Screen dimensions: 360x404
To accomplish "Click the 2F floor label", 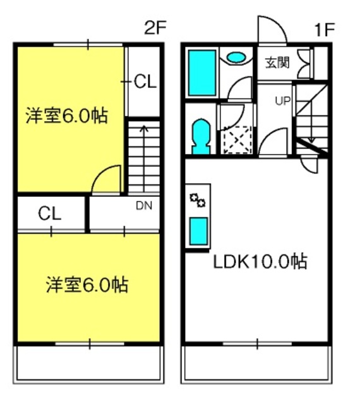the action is pos(155,28).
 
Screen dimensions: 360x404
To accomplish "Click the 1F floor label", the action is pos(324,30).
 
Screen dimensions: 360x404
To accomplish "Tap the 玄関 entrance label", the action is pos(278,62).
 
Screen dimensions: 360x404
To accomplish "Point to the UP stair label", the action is pos(283,101).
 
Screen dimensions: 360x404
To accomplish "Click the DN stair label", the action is pos(144,206).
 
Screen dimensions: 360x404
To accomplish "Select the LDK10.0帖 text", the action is pos(260,261).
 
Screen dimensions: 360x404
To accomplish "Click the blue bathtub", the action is pos(202,73).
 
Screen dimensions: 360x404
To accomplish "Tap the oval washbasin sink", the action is pos(236,57).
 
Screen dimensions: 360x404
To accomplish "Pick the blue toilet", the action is pos(201,136).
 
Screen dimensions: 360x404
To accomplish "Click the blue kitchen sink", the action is pos(198,231).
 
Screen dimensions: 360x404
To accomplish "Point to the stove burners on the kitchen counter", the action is pos(198,200).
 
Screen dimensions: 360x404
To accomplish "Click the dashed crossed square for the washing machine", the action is pos(237,140).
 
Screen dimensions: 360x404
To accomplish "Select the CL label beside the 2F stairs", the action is pos(145,81).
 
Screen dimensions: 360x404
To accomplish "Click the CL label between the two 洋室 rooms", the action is pos(50,213).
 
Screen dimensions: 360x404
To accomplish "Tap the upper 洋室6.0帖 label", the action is pos(66,116).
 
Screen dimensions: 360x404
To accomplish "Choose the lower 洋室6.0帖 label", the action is pos(87,285).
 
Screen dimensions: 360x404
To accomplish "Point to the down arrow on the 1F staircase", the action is pos(311,121).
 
